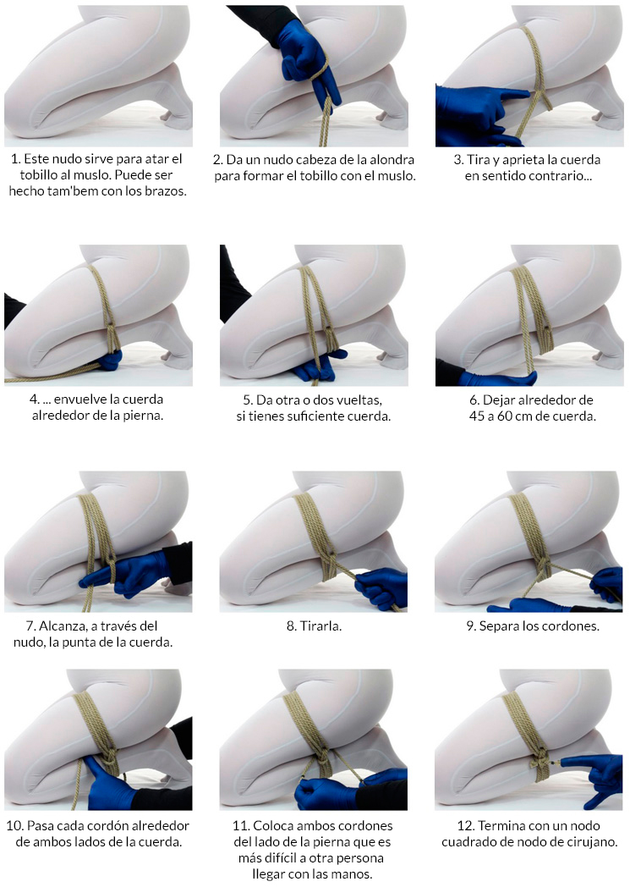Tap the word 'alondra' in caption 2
(392, 159)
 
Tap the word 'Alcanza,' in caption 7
(63, 626)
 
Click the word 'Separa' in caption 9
(498, 626)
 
